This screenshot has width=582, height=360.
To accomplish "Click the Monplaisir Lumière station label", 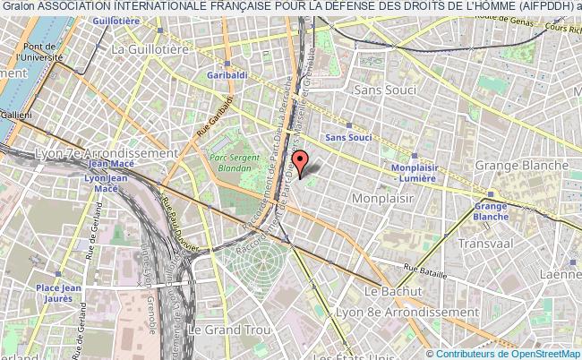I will coord(420,173).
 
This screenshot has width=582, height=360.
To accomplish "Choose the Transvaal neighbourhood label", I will coord(484,243).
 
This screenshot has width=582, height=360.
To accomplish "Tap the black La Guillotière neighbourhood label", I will coord(143,51).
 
